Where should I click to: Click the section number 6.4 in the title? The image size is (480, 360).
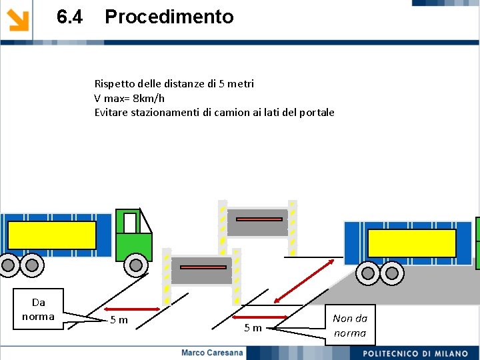pyautogui.click(x=70, y=17)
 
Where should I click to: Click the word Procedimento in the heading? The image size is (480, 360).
pyautogui.click(x=169, y=17)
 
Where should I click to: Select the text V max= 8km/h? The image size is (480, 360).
pyautogui.click(x=129, y=98)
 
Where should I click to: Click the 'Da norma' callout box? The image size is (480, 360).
pyautogui.click(x=39, y=309)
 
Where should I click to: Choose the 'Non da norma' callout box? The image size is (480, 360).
pyautogui.click(x=350, y=325)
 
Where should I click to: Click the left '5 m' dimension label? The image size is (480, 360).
pyautogui.click(x=119, y=321)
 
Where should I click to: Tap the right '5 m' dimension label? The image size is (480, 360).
pyautogui.click(x=253, y=327)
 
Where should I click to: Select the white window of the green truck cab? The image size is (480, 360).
pyautogui.click(x=130, y=223)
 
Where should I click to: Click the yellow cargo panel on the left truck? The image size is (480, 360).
pyautogui.click(x=52, y=235)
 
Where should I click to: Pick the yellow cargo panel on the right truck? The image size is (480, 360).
pyautogui.click(x=411, y=243)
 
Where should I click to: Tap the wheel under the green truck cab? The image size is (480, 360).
pyautogui.click(x=136, y=265)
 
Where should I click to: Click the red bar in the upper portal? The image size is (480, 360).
pyautogui.click(x=258, y=219)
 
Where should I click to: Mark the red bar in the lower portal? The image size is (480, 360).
pyautogui.click(x=201, y=267)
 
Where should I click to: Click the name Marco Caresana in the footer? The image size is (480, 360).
pyautogui.click(x=213, y=353)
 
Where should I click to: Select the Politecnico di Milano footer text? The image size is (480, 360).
pyautogui.click(x=415, y=353)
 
